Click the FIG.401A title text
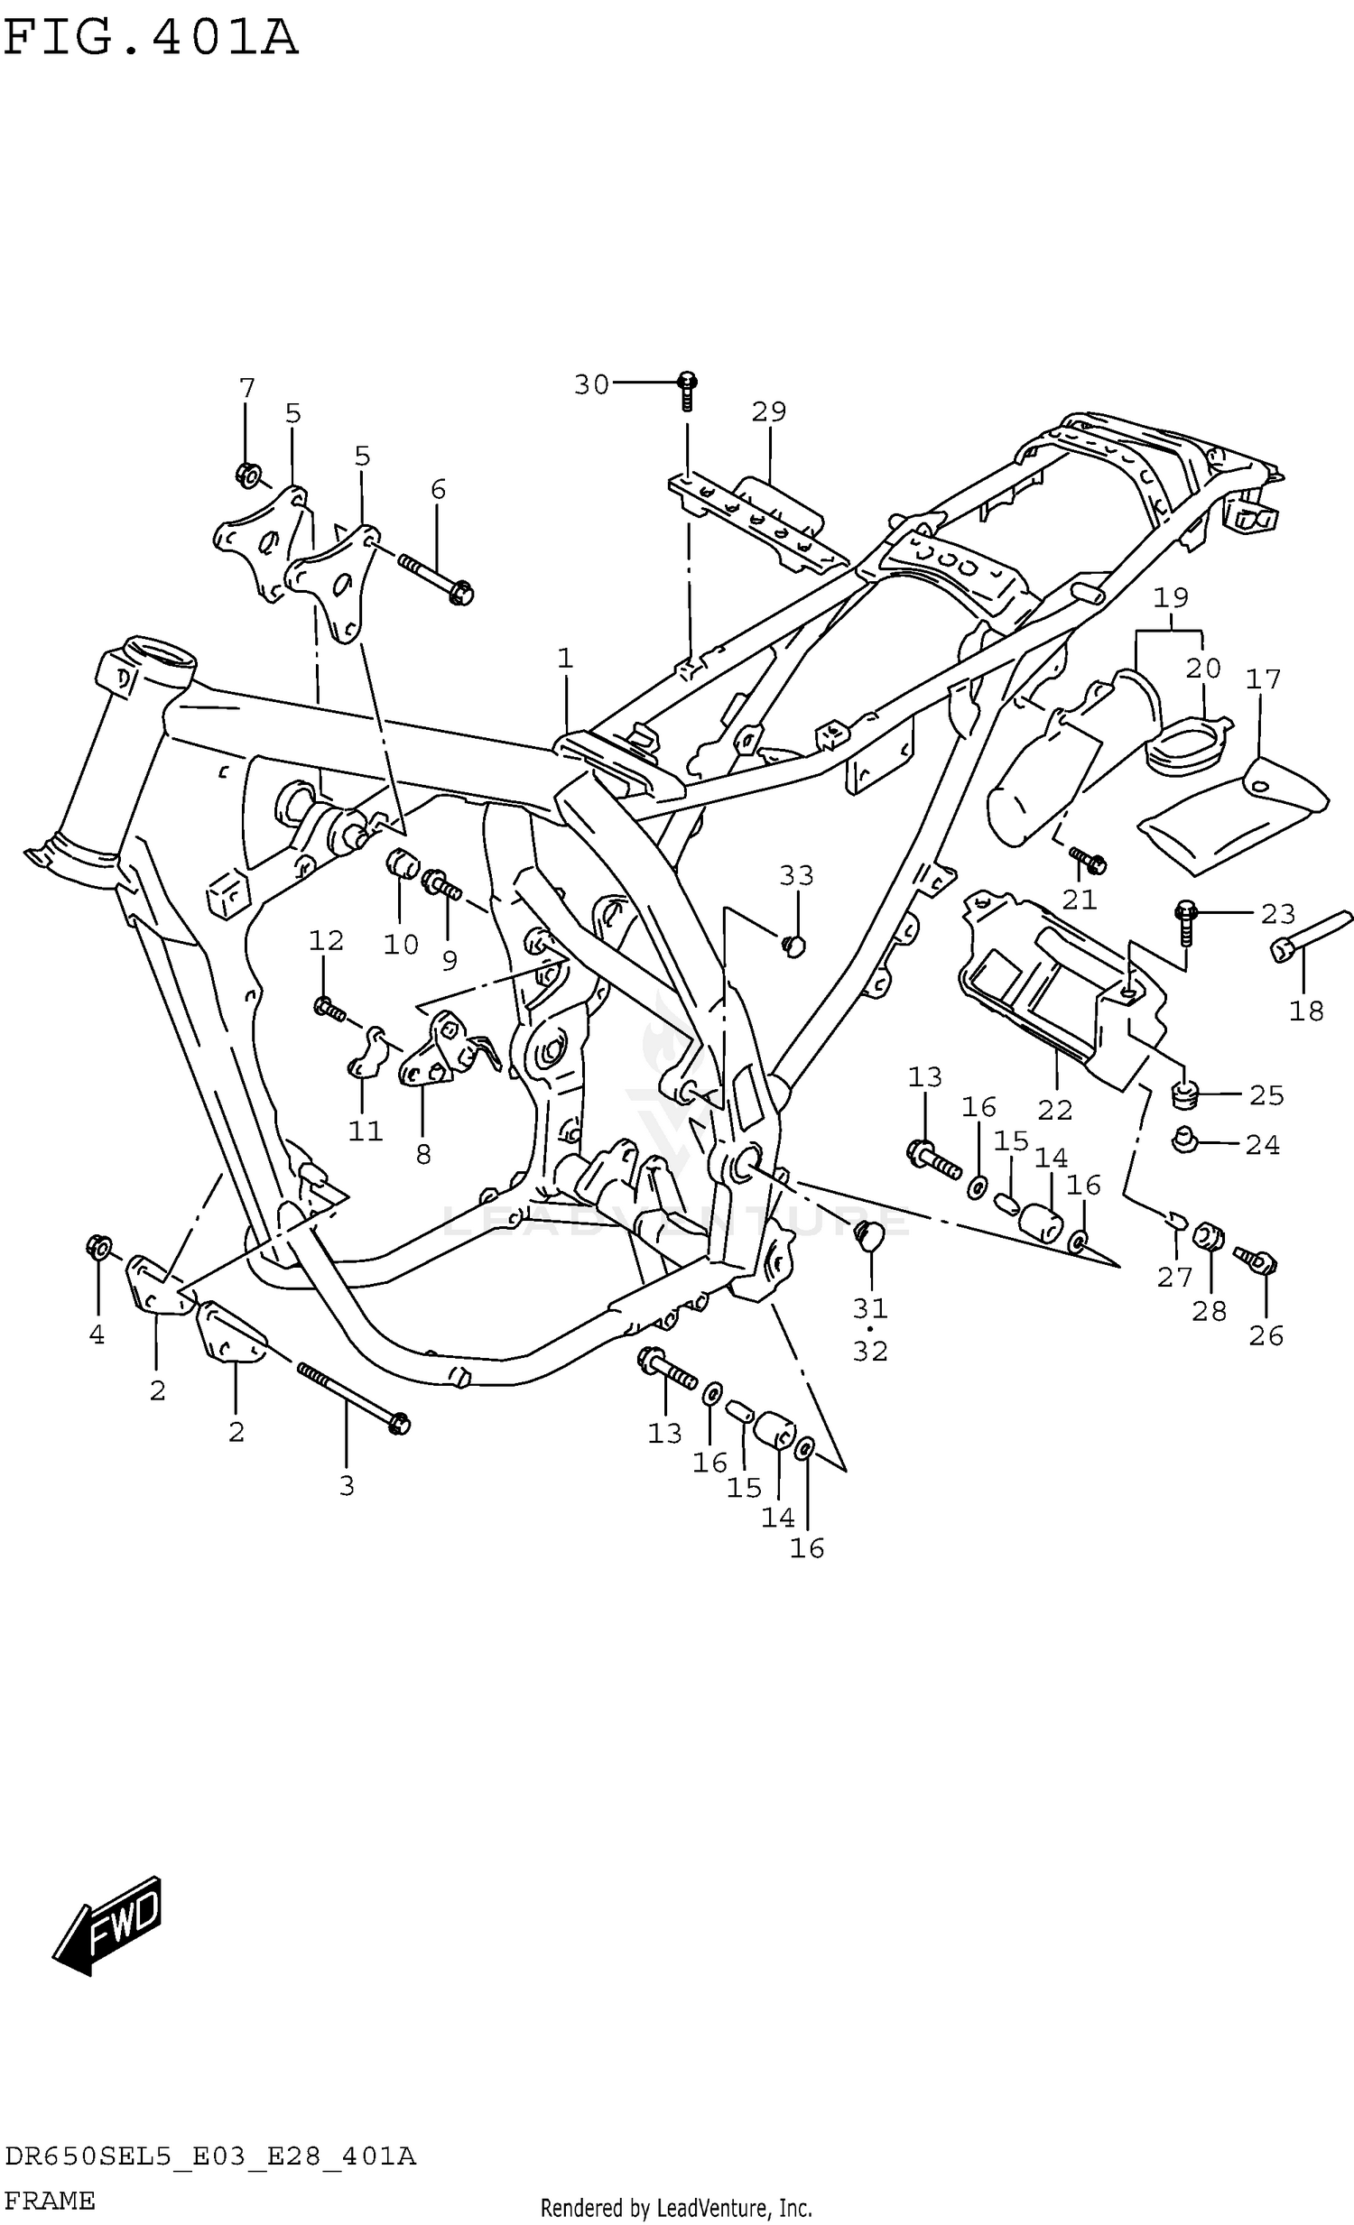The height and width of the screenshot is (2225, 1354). point(150,39)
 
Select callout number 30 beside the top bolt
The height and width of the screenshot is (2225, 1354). point(591,384)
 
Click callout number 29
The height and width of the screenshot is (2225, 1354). point(769,411)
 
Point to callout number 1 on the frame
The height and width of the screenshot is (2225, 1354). point(565,659)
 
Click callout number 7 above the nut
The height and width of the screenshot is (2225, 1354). point(246,388)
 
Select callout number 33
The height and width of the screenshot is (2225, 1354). point(797,875)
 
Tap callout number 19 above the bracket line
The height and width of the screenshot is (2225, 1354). point(1171,598)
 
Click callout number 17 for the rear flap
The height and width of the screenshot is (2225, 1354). point(1263,679)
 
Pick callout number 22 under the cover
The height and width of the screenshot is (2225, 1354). point(1054,1110)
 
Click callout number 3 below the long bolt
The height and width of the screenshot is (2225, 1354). point(347,1485)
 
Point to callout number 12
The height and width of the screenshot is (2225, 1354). point(326,941)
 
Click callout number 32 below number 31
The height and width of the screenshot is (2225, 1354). point(870,1351)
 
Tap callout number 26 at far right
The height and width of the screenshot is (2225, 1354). point(1266,1335)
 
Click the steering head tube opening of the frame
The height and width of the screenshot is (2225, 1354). point(159,652)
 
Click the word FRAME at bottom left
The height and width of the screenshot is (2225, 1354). point(49,2201)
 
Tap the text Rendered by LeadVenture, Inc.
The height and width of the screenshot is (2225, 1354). point(675,2209)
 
